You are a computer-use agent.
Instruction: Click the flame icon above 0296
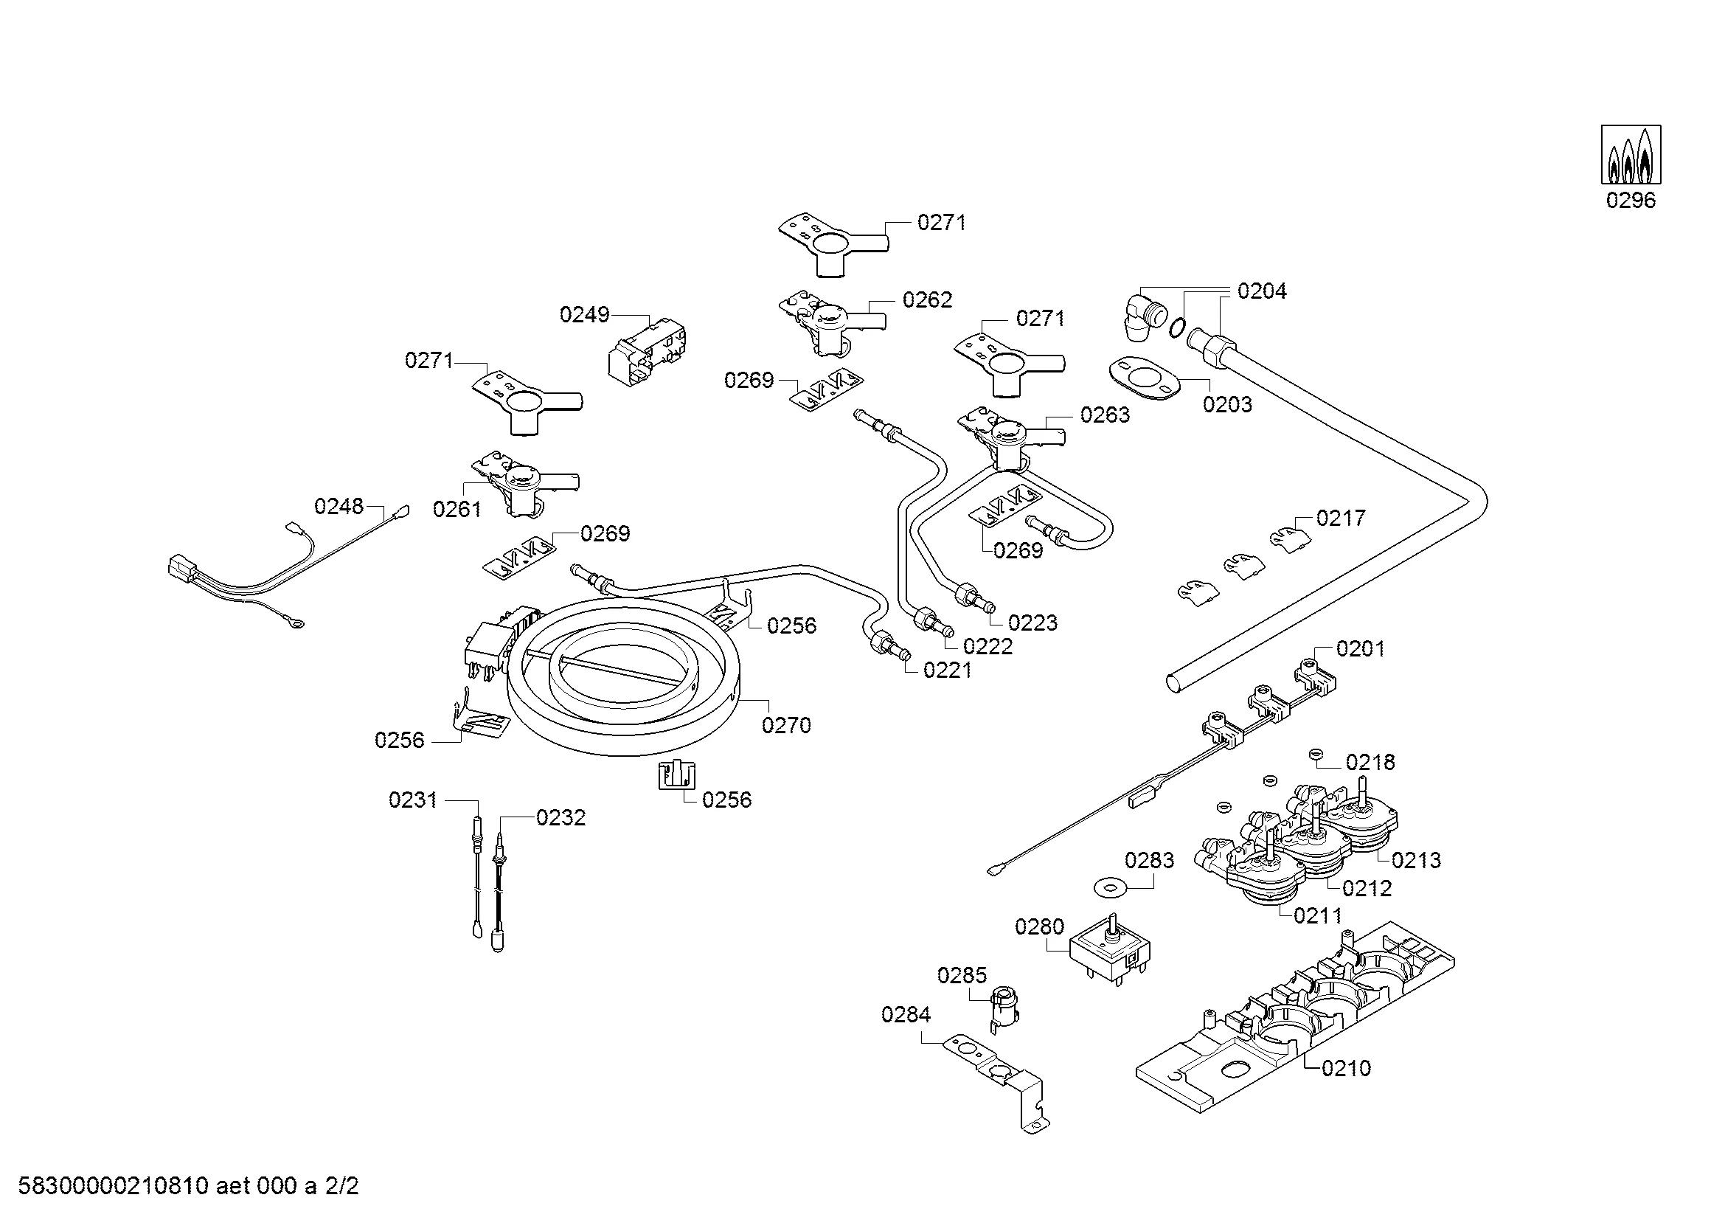(1631, 155)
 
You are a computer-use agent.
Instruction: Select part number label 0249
(584, 315)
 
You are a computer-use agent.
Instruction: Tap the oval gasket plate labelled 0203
(1142, 377)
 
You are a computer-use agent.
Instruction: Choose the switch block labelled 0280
(1111, 955)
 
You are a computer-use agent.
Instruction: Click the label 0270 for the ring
(786, 726)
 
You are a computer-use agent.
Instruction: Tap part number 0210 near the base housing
(1347, 1068)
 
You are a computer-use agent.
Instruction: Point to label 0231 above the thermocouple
(412, 800)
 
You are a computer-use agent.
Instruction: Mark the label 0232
(560, 818)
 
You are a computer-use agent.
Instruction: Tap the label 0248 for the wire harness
(339, 507)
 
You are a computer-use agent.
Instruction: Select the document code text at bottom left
(188, 1187)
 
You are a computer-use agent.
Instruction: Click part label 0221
(948, 670)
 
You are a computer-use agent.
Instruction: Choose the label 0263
(1105, 415)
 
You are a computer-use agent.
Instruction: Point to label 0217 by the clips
(1340, 519)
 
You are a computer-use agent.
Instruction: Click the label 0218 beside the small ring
(1370, 763)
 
